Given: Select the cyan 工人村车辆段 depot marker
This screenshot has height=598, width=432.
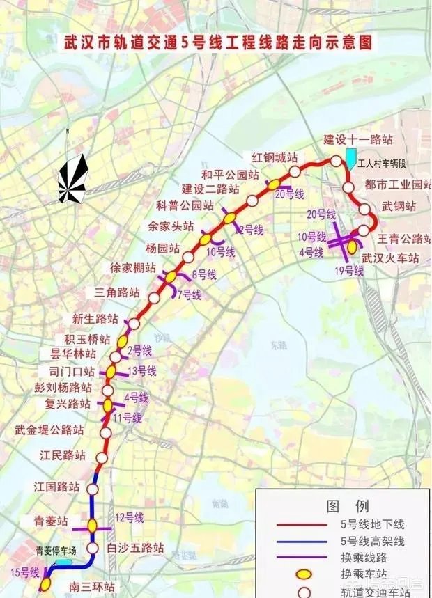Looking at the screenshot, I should pyautogui.click(x=350, y=157).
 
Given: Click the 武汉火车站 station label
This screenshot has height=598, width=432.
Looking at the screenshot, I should pyautogui.click(x=389, y=258).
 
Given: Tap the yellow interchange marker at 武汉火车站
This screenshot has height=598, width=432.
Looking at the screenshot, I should pyautogui.click(x=353, y=245).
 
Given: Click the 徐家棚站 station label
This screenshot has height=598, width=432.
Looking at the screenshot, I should pyautogui.click(x=132, y=267).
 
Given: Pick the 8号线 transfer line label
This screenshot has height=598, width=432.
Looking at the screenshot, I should pyautogui.click(x=204, y=275).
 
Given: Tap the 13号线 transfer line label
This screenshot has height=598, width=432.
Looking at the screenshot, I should pyautogui.click(x=141, y=370).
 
